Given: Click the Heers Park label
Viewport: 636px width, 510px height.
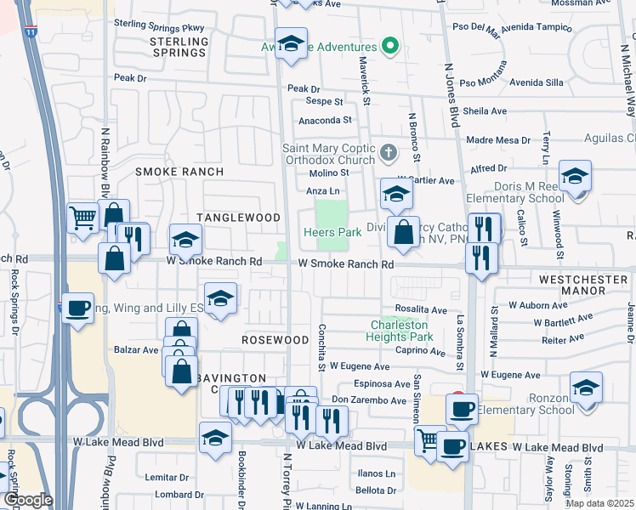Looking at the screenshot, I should (x=332, y=232).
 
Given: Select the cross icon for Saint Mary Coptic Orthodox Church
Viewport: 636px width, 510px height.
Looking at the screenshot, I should (x=388, y=154).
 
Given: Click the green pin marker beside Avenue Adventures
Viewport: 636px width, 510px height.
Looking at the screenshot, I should (x=390, y=47).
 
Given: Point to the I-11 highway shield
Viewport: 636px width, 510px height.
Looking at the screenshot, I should (x=31, y=31).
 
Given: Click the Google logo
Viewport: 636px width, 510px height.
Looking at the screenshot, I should (x=27, y=500).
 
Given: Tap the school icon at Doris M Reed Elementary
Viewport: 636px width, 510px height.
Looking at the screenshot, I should (x=575, y=178).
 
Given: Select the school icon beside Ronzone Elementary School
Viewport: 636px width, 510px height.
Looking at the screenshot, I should (x=586, y=389).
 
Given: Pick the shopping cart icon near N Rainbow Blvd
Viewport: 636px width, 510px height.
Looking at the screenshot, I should (x=82, y=218).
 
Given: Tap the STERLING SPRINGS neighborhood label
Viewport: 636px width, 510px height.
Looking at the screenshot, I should (x=179, y=47).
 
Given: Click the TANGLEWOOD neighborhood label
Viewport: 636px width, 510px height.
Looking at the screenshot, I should (x=238, y=218).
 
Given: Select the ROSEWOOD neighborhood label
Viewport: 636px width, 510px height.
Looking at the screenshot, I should (x=274, y=340).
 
